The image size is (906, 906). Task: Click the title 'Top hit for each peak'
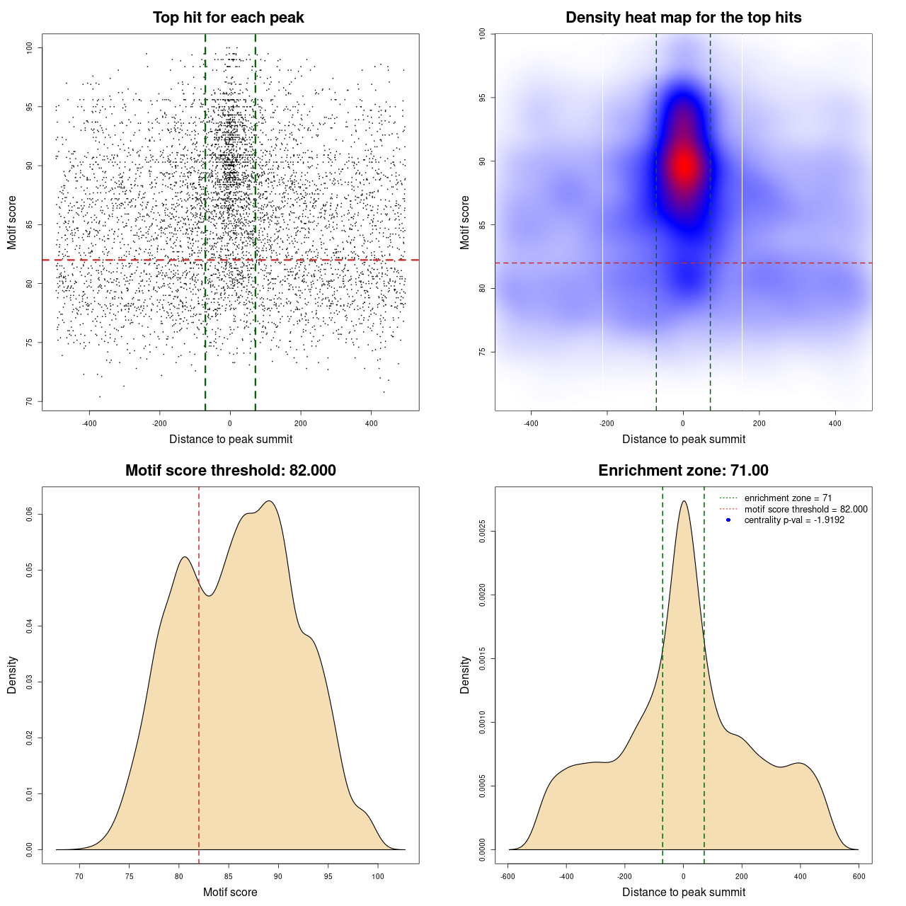(x=229, y=18)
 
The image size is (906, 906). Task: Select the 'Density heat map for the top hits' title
(x=683, y=18)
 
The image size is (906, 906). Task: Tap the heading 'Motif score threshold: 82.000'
(x=230, y=471)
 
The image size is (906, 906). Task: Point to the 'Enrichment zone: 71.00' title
(x=683, y=471)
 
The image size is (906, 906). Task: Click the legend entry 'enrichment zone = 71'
(x=788, y=498)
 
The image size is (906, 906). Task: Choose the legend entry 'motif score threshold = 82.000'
(x=805, y=510)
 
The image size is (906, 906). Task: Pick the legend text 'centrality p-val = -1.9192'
(x=794, y=520)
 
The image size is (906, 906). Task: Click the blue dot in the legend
(x=728, y=520)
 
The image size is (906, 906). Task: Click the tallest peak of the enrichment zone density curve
(x=684, y=501)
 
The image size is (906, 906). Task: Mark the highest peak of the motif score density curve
(x=270, y=501)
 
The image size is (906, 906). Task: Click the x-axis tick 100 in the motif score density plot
(x=378, y=876)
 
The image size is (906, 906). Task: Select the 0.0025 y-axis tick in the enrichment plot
(x=482, y=532)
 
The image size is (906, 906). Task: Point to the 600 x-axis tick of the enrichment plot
(x=859, y=876)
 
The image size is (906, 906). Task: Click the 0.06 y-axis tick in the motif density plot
(x=29, y=515)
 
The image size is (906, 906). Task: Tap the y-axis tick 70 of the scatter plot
(x=29, y=401)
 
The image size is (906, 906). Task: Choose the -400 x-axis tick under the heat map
(x=531, y=423)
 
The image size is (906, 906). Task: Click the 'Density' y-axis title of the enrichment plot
(x=465, y=675)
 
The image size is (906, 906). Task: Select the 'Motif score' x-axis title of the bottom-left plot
(x=230, y=892)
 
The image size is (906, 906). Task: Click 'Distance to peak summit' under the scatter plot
(x=231, y=439)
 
